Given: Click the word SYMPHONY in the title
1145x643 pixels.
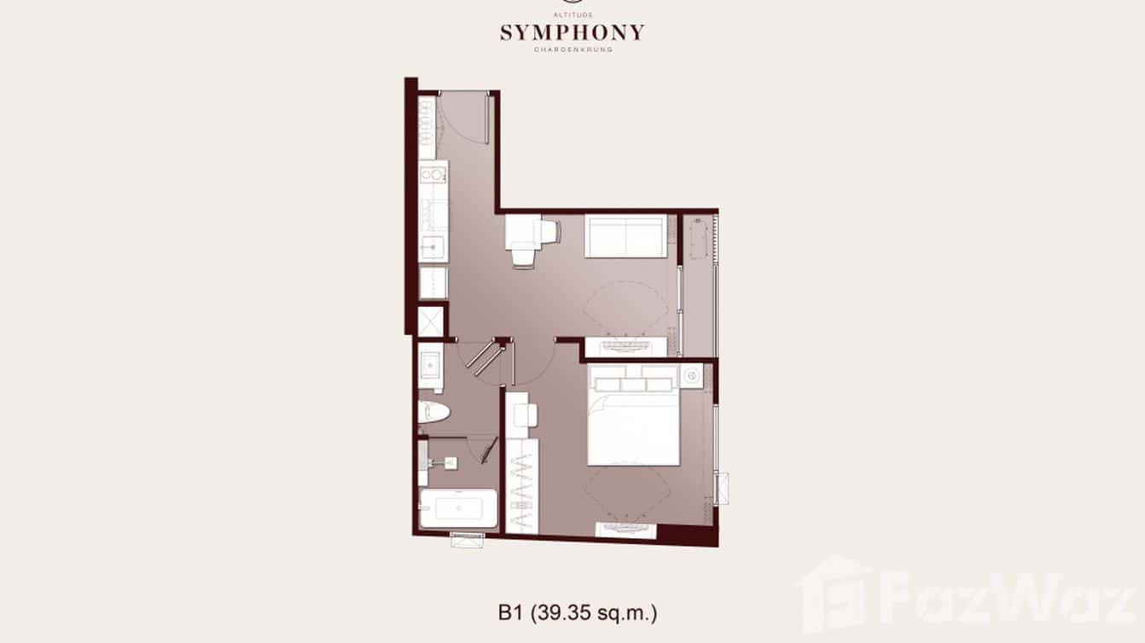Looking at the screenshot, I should pyautogui.click(x=572, y=33).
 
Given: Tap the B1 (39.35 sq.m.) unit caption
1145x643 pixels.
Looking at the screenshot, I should pyautogui.click(x=578, y=611).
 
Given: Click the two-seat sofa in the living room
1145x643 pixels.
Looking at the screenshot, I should pyautogui.click(x=625, y=236).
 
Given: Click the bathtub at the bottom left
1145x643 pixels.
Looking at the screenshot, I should pyautogui.click(x=457, y=509).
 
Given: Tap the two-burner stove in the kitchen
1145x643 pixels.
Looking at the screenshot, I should pyautogui.click(x=433, y=176).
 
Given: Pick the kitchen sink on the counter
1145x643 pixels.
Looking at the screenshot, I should pyautogui.click(x=433, y=248).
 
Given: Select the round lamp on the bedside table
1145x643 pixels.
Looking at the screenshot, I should pyautogui.click(x=691, y=375).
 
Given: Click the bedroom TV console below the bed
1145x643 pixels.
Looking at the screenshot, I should pyautogui.click(x=625, y=530).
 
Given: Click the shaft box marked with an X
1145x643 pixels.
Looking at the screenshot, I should pyautogui.click(x=432, y=320).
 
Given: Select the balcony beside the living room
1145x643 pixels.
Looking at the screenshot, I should pyautogui.click(x=699, y=281).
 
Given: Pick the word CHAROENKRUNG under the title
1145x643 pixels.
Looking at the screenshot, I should pyautogui.click(x=572, y=49).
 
